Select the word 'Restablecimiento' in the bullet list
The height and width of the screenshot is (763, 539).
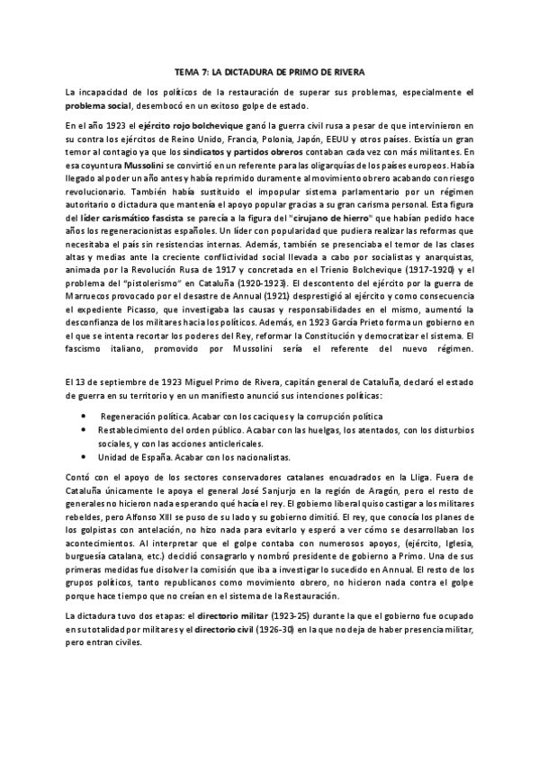tap(135, 431)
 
